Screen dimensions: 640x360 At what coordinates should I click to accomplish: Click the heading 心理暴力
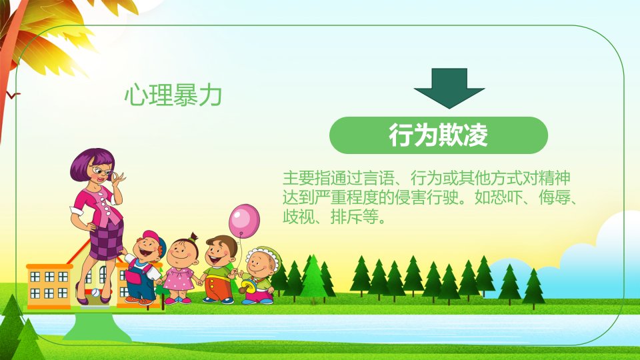173,95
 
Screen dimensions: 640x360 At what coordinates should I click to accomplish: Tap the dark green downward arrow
449,88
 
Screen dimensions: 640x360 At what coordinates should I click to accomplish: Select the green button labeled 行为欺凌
439,135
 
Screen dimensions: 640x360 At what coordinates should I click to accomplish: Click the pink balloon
244,221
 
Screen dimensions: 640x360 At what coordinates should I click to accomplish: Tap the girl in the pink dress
181,269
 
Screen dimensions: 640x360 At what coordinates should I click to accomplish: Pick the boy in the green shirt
219,269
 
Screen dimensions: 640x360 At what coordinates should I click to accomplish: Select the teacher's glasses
102,171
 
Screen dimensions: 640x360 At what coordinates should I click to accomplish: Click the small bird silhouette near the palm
13,95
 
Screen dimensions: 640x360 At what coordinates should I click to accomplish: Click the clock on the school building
95,292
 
